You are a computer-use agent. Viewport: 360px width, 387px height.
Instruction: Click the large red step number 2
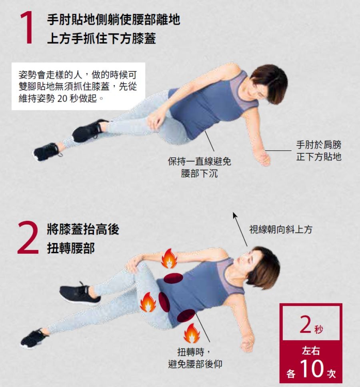(x=28, y=237)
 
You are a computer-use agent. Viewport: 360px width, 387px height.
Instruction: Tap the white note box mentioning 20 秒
(x=78, y=86)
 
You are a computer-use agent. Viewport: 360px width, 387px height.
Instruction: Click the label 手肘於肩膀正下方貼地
(x=318, y=150)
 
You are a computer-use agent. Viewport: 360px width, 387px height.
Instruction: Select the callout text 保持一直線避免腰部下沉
(x=199, y=167)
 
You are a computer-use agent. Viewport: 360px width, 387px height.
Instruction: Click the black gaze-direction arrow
(x=240, y=229)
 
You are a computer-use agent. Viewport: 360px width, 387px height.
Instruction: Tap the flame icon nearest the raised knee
(x=169, y=259)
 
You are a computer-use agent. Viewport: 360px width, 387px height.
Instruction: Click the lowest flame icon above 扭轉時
(x=192, y=333)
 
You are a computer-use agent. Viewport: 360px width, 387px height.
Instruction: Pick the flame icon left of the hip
(x=148, y=302)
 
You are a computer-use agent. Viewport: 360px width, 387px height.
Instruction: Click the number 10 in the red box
(x=312, y=368)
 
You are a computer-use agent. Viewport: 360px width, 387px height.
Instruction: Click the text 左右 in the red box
(x=311, y=350)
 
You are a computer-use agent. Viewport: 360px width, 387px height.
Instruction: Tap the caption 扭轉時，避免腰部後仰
(x=195, y=358)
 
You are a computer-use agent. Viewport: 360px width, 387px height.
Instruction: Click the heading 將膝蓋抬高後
(x=83, y=229)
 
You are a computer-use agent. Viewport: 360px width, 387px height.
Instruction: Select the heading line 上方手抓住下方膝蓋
(x=102, y=38)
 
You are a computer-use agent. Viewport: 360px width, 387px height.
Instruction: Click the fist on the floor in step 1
(x=264, y=160)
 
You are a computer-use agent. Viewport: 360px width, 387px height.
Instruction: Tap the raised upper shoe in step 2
(x=80, y=293)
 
